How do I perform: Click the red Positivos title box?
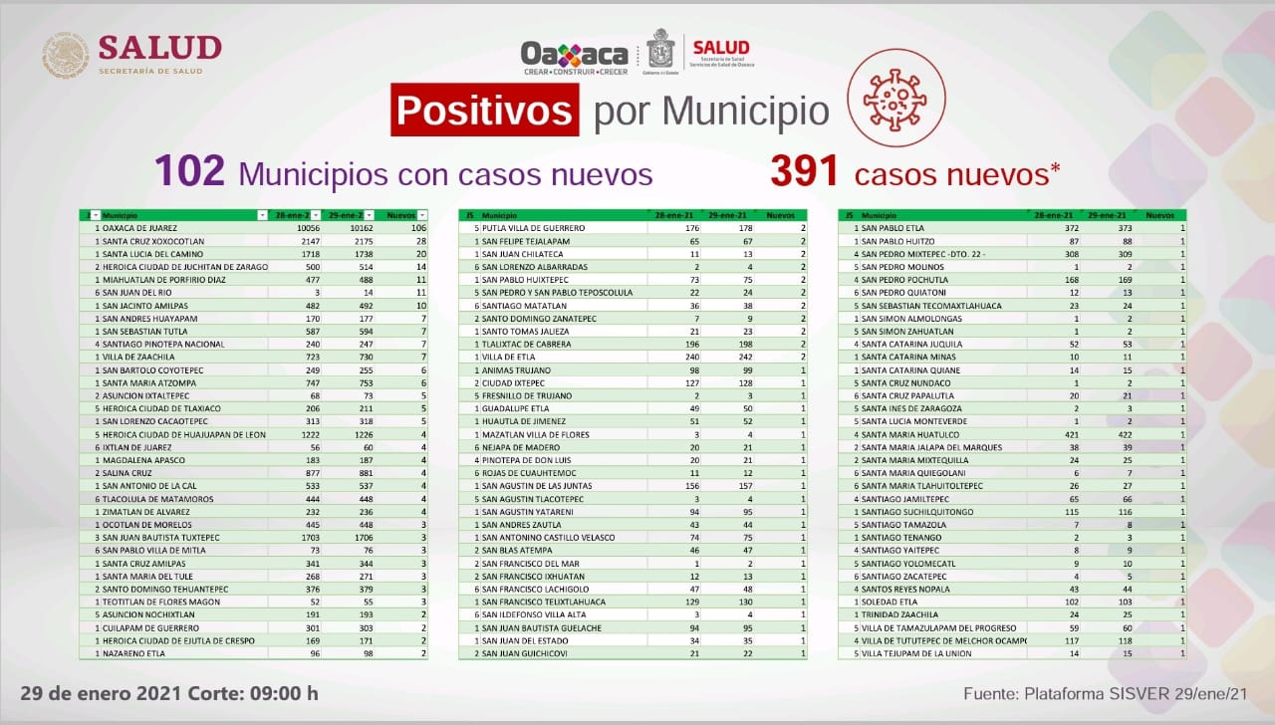click(x=485, y=110)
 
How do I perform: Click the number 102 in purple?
click(x=189, y=172)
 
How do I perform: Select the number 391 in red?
click(x=805, y=172)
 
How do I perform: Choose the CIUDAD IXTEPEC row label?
click(x=514, y=382)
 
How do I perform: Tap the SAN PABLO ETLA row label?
click(x=893, y=227)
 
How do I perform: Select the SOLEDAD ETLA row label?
click(x=892, y=601)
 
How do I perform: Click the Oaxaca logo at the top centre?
click(x=575, y=56)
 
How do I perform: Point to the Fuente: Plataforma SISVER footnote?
click(x=1106, y=693)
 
